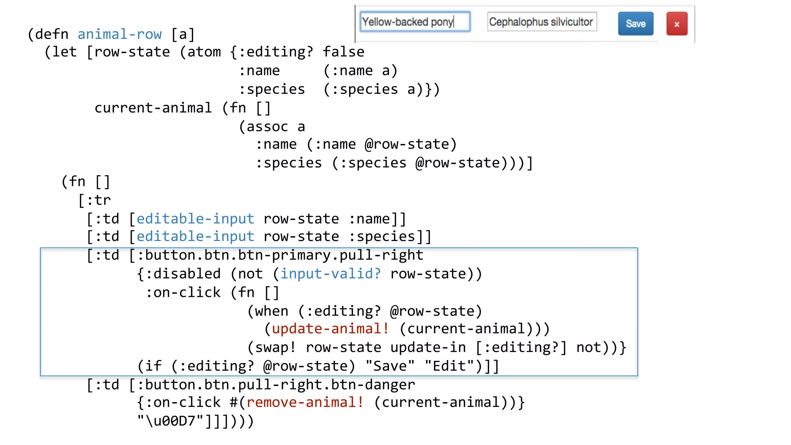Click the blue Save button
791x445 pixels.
pyautogui.click(x=635, y=24)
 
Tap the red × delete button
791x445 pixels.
pyautogui.click(x=677, y=24)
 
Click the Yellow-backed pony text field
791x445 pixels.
pyautogui.click(x=415, y=22)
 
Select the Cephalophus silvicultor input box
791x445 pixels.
pyautogui.click(x=541, y=22)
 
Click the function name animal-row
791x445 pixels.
pyautogui.click(x=119, y=34)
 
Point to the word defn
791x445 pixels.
pyautogui.click(x=52, y=34)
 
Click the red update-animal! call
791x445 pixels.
pyautogui.click(x=330, y=329)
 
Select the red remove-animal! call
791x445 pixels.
pyautogui.click(x=305, y=403)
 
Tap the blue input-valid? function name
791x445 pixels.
pyautogui.click(x=331, y=274)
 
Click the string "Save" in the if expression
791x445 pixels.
pyautogui.click(x=390, y=366)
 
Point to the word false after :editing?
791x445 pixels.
pyautogui.click(x=343, y=52)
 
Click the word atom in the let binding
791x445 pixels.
pyautogui.click(x=204, y=52)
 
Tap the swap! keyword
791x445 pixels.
pyautogui.click(x=276, y=348)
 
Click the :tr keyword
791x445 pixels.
pyautogui.click(x=98, y=200)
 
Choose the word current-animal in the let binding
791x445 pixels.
pyautogui.click(x=153, y=108)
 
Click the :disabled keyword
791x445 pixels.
pyautogui.click(x=183, y=274)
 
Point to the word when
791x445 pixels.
pyautogui.click(x=272, y=311)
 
